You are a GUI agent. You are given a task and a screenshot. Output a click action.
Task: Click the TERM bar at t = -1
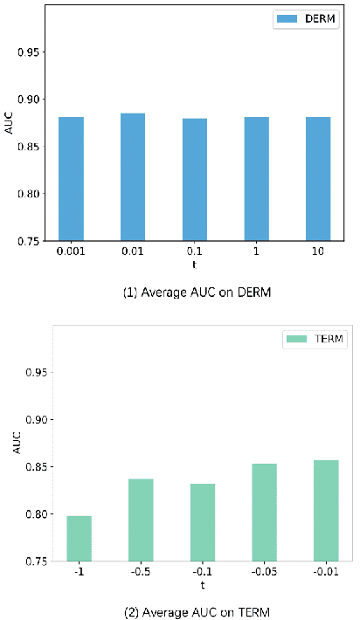tap(79, 538)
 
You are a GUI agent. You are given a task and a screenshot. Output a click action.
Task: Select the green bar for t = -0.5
tap(141, 520)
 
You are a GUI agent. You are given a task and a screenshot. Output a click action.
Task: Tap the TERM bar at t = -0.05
tap(264, 513)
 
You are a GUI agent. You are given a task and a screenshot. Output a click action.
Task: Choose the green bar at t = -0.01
tap(326, 511)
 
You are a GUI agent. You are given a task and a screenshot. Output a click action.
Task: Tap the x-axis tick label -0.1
tap(202, 572)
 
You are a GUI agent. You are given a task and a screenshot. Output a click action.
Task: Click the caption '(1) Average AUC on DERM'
tap(195, 293)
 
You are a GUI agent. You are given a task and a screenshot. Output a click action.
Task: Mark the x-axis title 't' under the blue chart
tap(195, 263)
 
